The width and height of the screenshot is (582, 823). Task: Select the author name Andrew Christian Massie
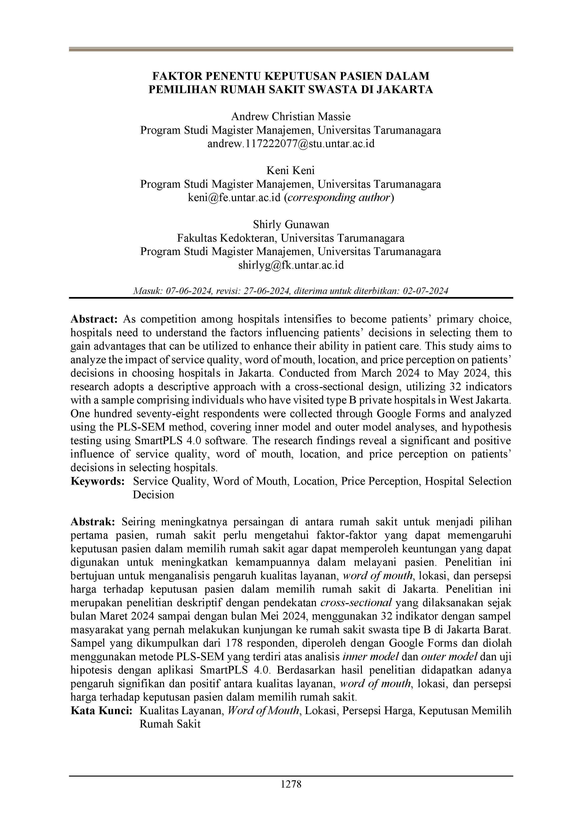pos(291,117)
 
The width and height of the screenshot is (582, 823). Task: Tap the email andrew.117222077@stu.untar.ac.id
pos(291,144)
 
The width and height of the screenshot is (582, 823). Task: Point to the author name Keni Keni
pos(291,170)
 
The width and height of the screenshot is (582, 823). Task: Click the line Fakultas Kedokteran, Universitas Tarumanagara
pos(291,238)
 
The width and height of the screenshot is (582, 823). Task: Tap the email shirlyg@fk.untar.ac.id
pos(291,265)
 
